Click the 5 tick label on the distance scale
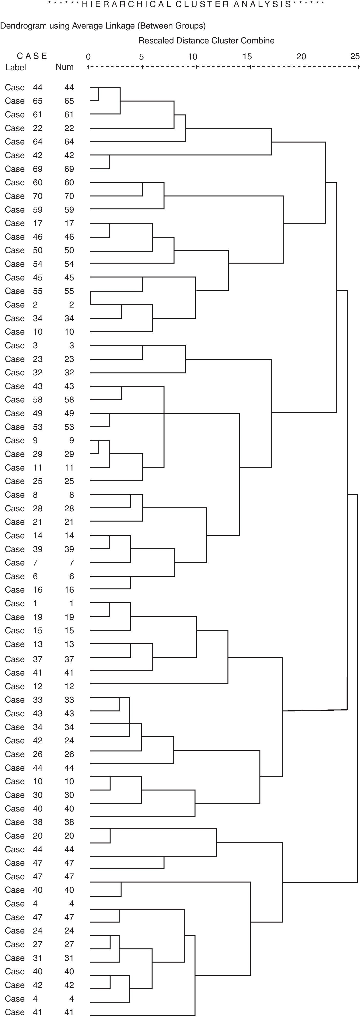pos(141,56)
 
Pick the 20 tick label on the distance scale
pos(301,56)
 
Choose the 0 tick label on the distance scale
pos(88,56)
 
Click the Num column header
pos(64,67)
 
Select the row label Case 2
pos(21,305)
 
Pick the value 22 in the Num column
pos(69,128)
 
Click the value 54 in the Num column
pos(69,264)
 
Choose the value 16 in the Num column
pos(69,590)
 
